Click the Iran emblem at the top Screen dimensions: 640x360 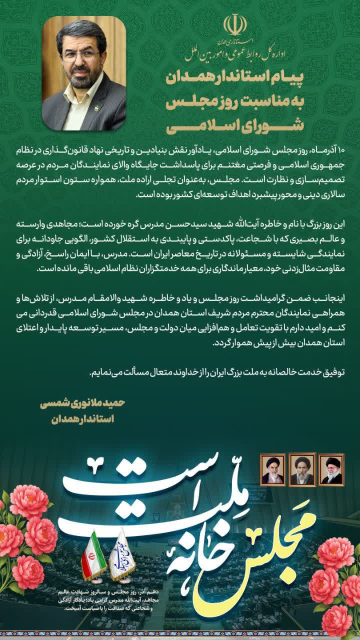pyautogui.click(x=235, y=24)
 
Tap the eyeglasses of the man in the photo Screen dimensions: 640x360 pyautogui.click(x=80, y=54)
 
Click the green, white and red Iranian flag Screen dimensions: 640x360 pyautogui.click(x=93, y=555)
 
